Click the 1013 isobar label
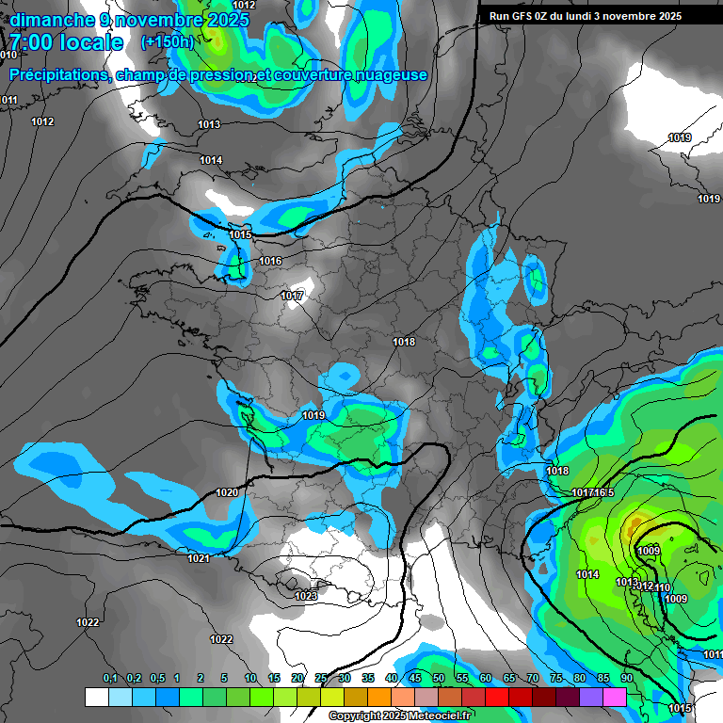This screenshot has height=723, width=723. pos(209,124)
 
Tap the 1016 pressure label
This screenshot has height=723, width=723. pos(270,261)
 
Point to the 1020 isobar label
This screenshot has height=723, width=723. pos(227,492)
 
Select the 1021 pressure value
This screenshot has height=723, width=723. pos(198,559)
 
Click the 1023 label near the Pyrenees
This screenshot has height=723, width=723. pos(306,596)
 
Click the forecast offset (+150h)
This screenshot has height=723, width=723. pos(167,42)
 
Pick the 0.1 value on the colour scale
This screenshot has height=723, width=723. pos(109,679)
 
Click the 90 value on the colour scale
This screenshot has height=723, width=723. pos(626,679)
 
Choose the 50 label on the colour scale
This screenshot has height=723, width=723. pos(439,679)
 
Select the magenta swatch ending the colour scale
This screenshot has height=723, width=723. pos(615,697)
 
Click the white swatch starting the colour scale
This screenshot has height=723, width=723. pos(96,697)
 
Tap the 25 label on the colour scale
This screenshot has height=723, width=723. pos(321,679)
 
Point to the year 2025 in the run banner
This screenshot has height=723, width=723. pos(696,16)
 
